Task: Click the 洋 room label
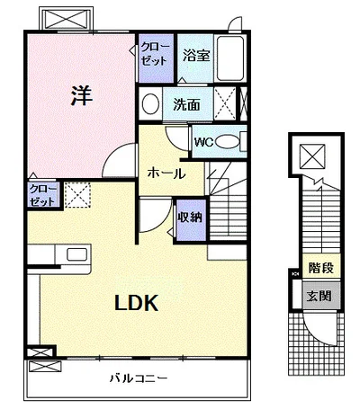(82, 95)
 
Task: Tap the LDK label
(137, 303)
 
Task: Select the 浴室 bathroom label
(196, 56)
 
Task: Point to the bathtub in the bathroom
(230, 58)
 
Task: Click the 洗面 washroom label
(186, 104)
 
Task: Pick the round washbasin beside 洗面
(150, 103)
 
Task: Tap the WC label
(203, 142)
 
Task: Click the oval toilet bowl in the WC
(228, 142)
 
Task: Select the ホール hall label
(166, 173)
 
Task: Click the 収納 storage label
(191, 218)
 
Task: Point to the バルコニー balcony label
(138, 378)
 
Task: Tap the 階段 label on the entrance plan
(321, 267)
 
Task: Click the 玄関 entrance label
(319, 296)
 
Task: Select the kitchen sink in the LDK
(77, 254)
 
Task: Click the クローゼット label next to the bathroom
(155, 54)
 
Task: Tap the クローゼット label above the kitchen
(42, 195)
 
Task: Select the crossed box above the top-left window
(65, 20)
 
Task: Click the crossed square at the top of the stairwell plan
(313, 156)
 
